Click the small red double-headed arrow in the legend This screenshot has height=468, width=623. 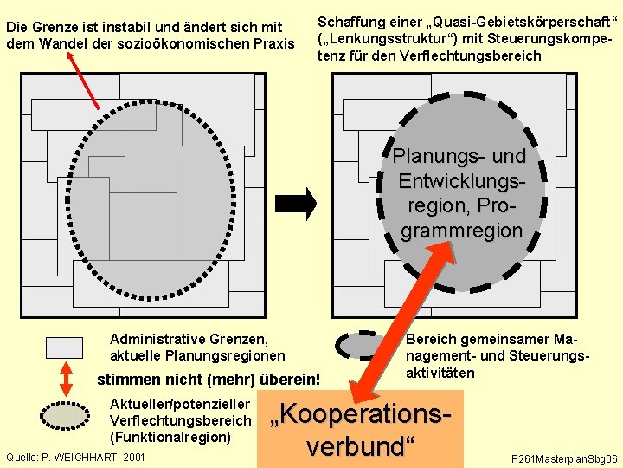pyautogui.click(x=64, y=380)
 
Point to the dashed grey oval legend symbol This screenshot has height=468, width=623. pyautogui.click(x=363, y=345)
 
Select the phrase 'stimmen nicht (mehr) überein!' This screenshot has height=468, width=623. pyautogui.click(x=209, y=380)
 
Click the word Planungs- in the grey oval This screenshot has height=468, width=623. pyautogui.click(x=434, y=157)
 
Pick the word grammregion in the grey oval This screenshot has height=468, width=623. pyautogui.click(x=460, y=231)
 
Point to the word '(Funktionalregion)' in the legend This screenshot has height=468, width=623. pyautogui.click(x=170, y=437)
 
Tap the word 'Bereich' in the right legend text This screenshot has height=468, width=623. pyautogui.click(x=430, y=341)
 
